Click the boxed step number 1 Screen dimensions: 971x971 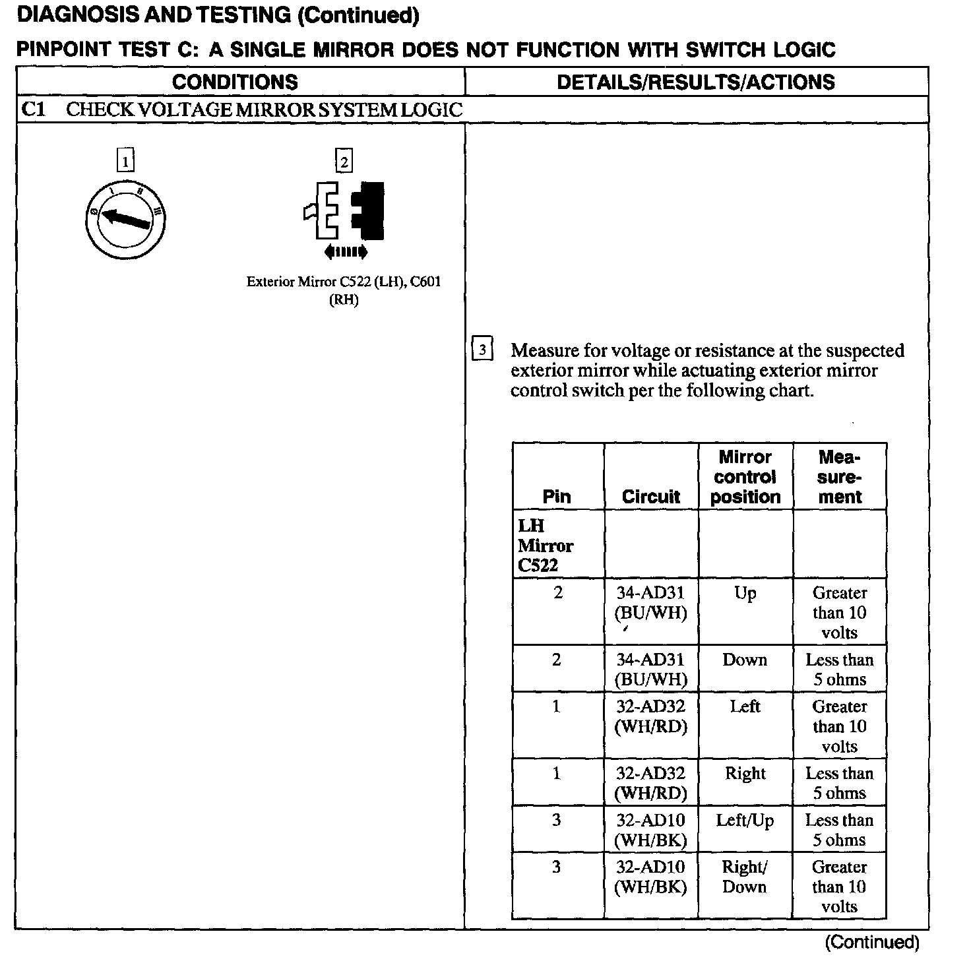coord(125,160)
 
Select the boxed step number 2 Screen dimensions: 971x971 coord(344,160)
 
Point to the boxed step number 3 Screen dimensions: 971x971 coord(482,349)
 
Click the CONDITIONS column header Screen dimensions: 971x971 coord(235,82)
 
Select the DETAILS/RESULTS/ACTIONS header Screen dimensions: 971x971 coord(696,82)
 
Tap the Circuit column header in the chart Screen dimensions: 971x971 coord(650,497)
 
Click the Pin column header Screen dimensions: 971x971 coord(557,497)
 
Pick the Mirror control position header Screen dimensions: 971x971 coord(745,477)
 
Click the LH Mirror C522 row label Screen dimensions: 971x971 coord(546,546)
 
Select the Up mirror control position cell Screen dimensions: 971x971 coord(745,593)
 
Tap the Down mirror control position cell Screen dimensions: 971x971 coord(745,660)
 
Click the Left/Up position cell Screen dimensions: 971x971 coord(745,821)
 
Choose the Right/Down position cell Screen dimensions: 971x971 coord(745,877)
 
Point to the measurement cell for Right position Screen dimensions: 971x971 coord(839,783)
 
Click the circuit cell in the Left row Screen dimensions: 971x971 coord(650,716)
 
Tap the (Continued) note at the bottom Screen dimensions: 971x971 coord(871,942)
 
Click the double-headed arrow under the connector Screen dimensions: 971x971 coord(346,251)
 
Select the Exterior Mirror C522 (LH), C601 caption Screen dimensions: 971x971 coord(344,290)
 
